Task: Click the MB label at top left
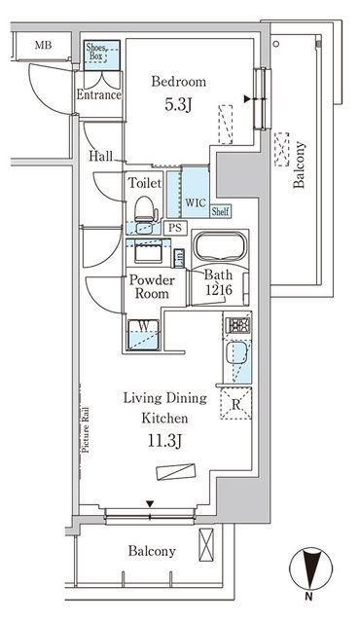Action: tap(44, 45)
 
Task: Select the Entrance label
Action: tap(99, 94)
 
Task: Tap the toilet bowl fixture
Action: tap(144, 208)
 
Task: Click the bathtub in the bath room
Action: tap(220, 249)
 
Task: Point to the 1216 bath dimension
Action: tap(218, 289)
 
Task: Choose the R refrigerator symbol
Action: tap(236, 396)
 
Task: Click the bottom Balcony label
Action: tap(152, 552)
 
